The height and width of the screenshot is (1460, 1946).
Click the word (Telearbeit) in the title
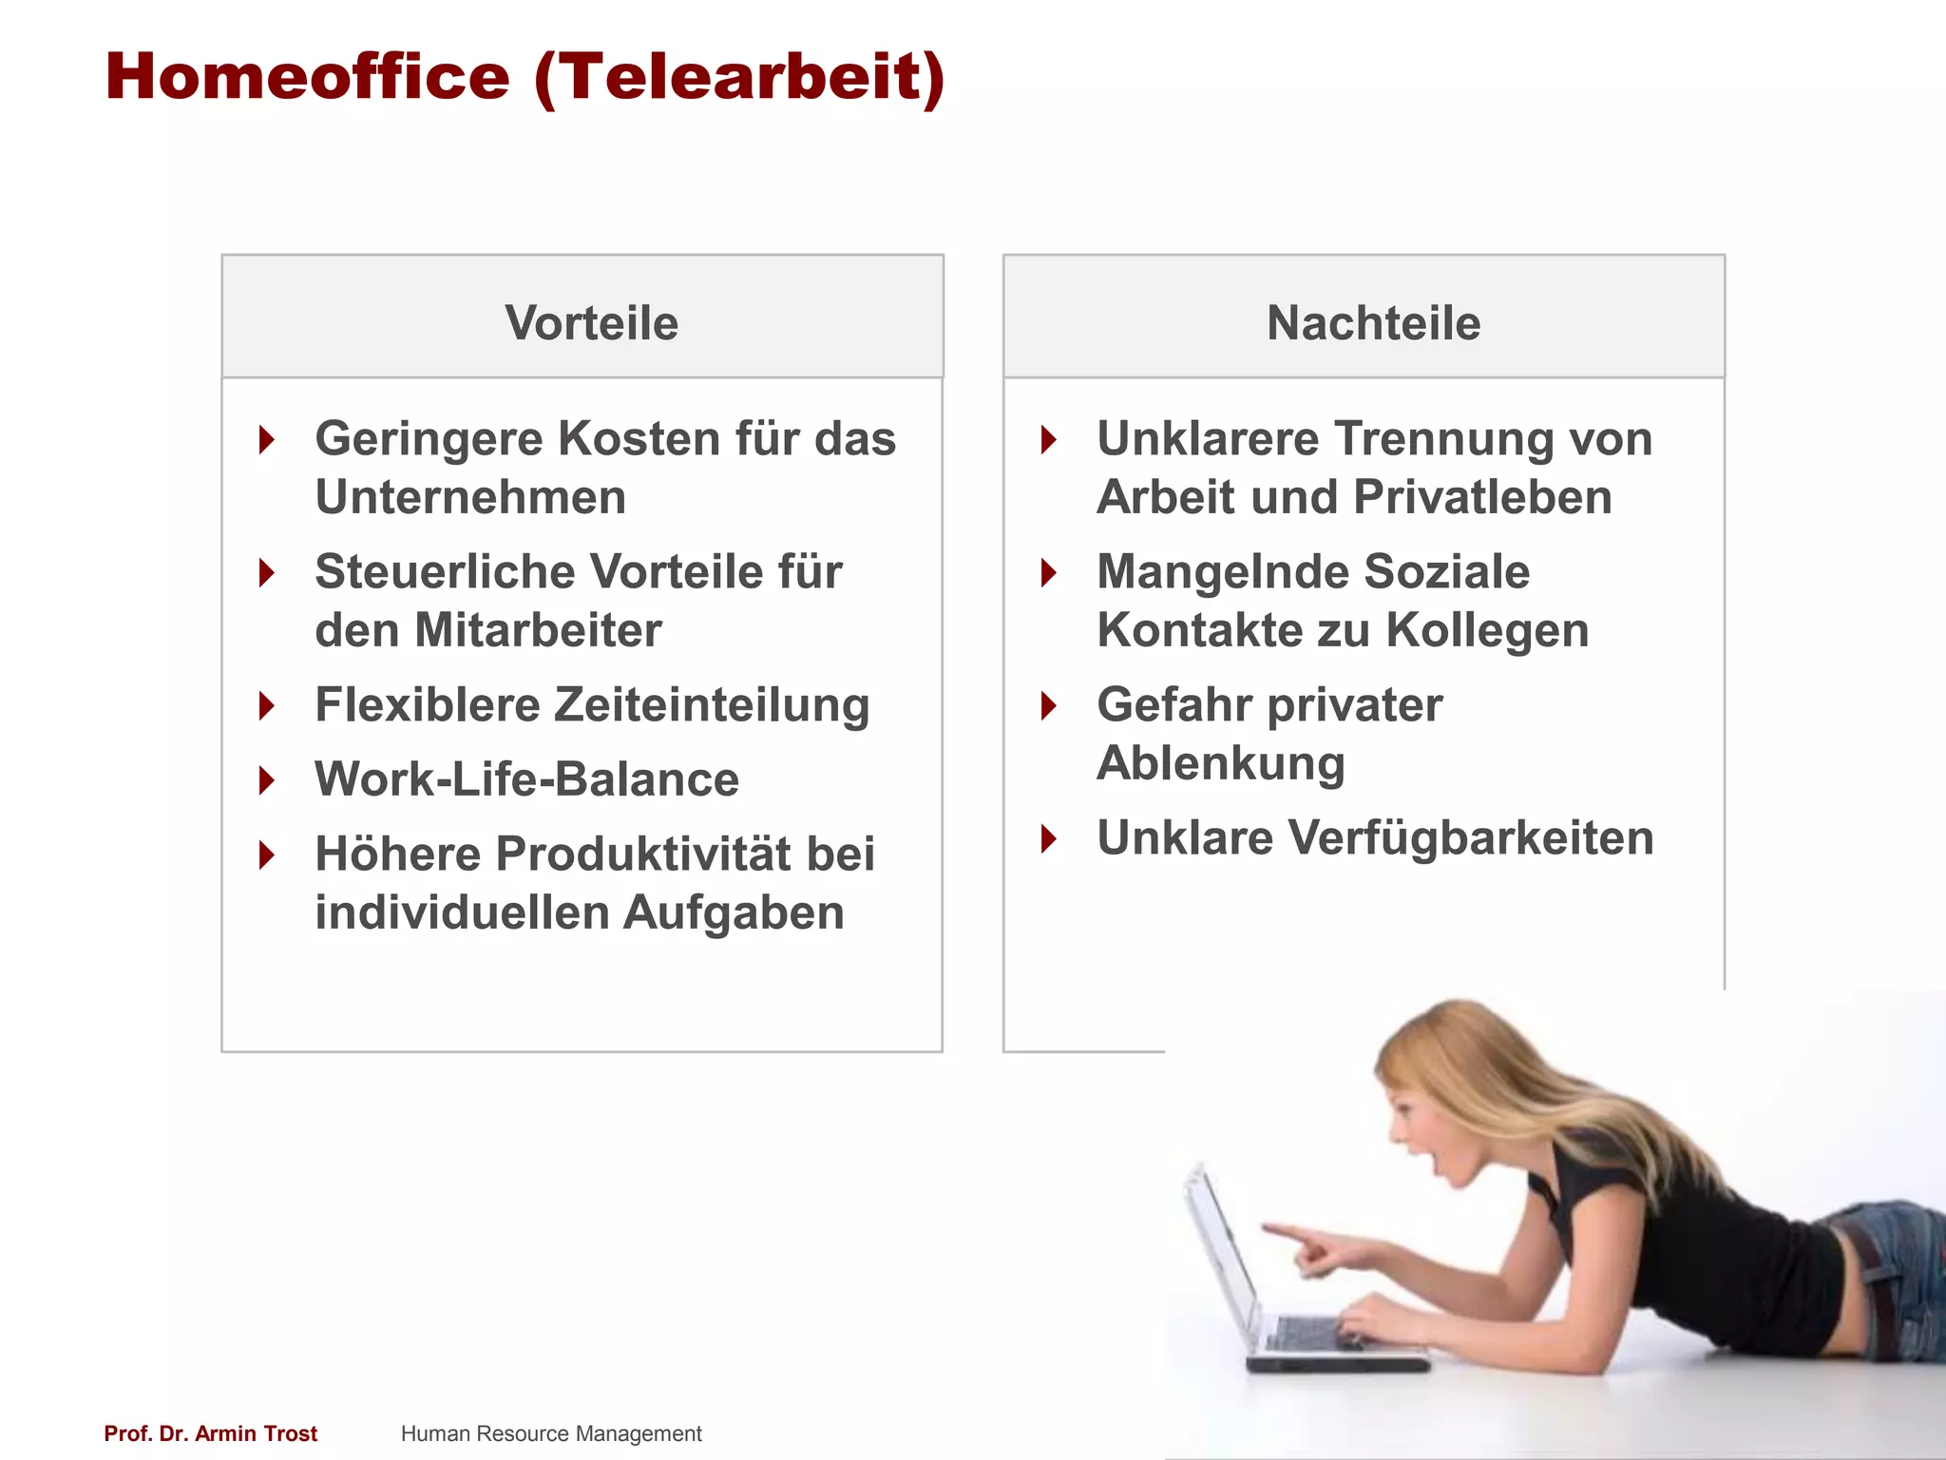point(739,78)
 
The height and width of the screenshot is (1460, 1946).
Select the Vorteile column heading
point(591,323)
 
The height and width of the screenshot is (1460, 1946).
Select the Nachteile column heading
point(1373,323)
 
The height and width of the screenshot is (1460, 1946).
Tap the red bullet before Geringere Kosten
point(267,440)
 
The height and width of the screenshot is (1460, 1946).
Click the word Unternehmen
point(470,498)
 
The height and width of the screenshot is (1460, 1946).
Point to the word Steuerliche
point(445,572)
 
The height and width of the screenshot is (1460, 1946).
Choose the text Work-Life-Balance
point(526,779)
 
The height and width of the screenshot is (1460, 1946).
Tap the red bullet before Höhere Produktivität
point(267,855)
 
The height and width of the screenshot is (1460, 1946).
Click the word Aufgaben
point(733,912)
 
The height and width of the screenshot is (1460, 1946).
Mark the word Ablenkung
point(1221,764)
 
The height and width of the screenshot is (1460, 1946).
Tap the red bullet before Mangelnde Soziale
point(1049,573)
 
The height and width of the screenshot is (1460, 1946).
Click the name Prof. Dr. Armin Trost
point(210,1433)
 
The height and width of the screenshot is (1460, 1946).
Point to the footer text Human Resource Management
point(551,1433)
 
